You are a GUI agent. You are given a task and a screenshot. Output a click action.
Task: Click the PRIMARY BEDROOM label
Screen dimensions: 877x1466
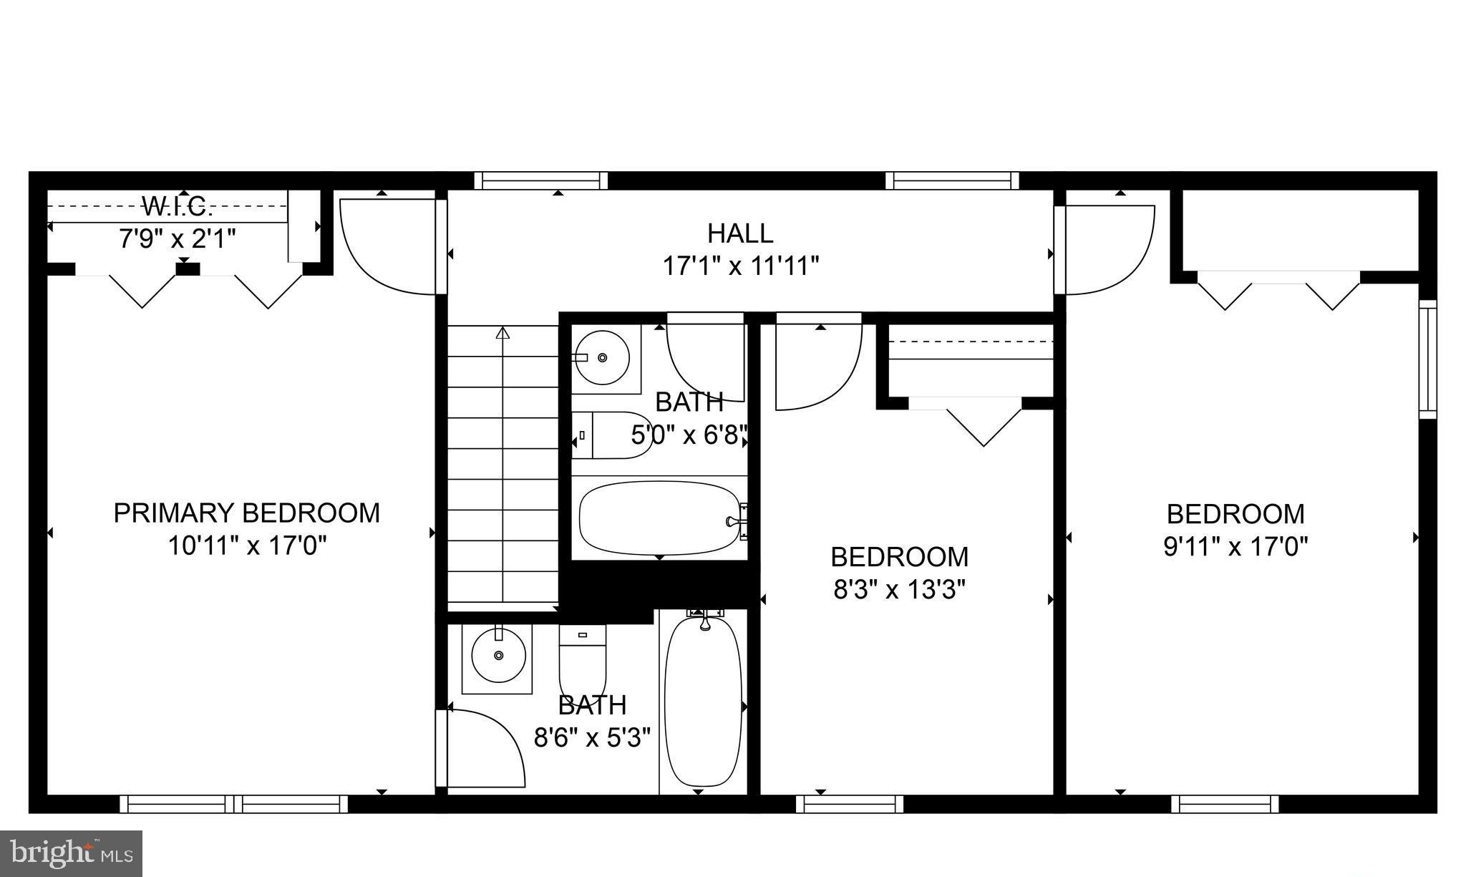(246, 513)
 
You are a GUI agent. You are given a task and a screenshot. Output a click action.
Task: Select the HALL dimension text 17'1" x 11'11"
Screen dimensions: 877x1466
(740, 266)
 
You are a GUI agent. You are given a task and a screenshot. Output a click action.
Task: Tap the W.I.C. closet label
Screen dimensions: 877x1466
(178, 207)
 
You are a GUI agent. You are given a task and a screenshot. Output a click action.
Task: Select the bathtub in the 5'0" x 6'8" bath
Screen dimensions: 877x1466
(659, 518)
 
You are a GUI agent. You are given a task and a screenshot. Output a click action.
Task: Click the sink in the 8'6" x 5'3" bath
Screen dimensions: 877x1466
(498, 656)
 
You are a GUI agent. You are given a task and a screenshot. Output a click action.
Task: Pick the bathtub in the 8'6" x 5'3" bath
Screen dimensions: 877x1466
(702, 701)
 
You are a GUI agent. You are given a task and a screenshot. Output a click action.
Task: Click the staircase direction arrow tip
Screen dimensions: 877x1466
(503, 332)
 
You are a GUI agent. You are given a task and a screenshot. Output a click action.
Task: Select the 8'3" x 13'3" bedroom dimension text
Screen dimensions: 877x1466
(900, 590)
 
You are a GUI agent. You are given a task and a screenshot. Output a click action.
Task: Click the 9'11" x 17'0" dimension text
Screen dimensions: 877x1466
(1236, 547)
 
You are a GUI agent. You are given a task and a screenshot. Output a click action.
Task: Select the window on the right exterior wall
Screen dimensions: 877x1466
(1428, 359)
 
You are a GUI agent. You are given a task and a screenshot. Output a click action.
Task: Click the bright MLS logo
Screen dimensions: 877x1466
(71, 853)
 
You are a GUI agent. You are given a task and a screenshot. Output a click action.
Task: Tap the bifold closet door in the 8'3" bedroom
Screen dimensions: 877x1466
(984, 425)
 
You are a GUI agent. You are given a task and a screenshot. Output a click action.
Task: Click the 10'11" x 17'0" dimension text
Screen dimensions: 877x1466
(246, 546)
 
